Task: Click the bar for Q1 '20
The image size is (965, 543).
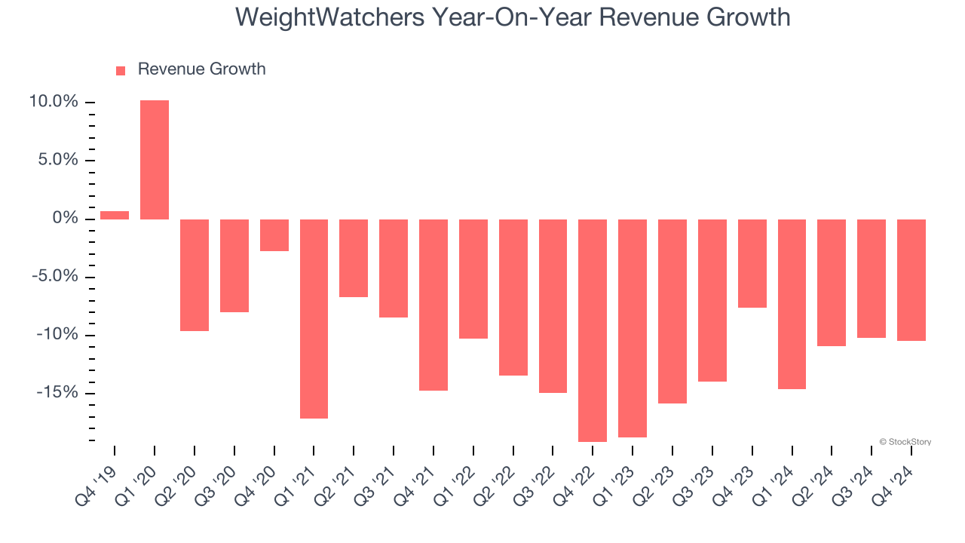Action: (155, 160)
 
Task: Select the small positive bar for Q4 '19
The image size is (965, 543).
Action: (115, 215)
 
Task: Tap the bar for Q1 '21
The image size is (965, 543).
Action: (314, 318)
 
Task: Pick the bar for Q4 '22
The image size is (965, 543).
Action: (593, 330)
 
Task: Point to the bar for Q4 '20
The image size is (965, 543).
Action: (274, 235)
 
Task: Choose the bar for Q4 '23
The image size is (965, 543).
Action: (752, 263)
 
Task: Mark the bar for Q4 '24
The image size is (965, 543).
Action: (911, 280)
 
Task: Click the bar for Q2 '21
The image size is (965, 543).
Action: (354, 258)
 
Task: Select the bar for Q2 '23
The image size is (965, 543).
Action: (672, 311)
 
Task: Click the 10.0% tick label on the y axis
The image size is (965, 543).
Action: (54, 102)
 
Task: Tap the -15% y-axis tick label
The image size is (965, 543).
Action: (57, 393)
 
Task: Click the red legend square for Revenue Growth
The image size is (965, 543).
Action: (121, 71)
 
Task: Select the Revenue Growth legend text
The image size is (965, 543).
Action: (201, 69)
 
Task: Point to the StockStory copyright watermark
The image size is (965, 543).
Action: (905, 442)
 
